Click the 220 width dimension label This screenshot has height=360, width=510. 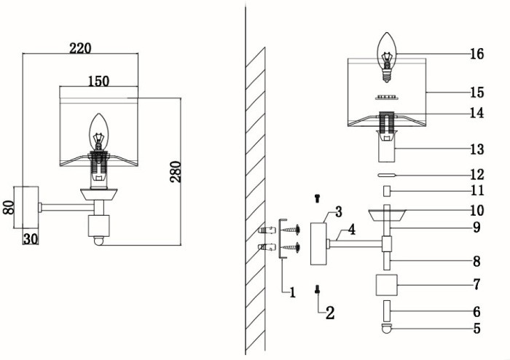click(80, 48)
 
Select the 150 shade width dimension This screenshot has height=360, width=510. click(99, 81)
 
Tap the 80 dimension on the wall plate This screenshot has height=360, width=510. click(9, 207)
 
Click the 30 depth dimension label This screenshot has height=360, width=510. click(30, 237)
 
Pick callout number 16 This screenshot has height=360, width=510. click(476, 54)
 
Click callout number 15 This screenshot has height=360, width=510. click(476, 93)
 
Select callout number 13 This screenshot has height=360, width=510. click(476, 149)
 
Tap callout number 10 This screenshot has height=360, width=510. click(476, 210)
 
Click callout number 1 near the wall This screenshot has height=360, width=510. click(292, 292)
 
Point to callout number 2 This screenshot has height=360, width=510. click(330, 313)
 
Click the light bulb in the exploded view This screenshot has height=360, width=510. click(388, 55)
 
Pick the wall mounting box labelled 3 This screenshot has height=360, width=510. click(318, 244)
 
